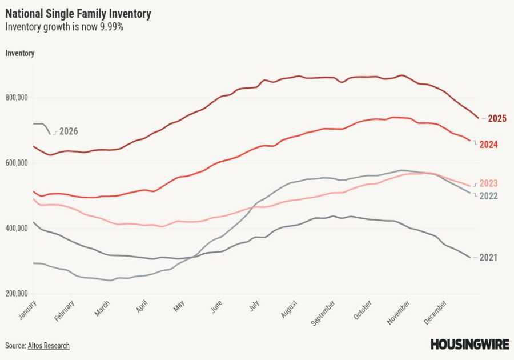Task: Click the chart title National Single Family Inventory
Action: point(78,13)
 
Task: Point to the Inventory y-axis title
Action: point(20,53)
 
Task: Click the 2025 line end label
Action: point(496,119)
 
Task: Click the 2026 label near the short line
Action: point(68,131)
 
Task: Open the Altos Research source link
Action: point(49,346)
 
